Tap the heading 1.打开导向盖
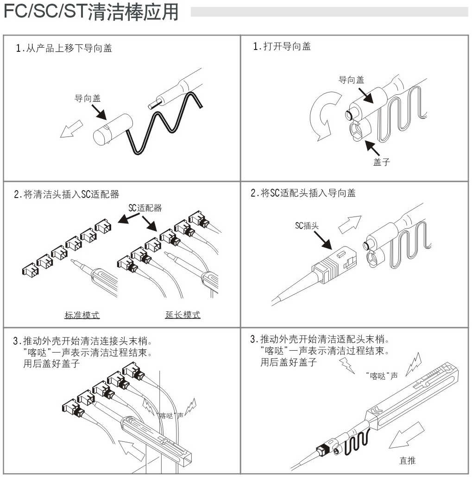click(282, 46)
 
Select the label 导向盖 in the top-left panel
click(87, 98)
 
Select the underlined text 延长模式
click(183, 315)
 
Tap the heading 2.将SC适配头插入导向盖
click(303, 194)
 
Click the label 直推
click(407, 460)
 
